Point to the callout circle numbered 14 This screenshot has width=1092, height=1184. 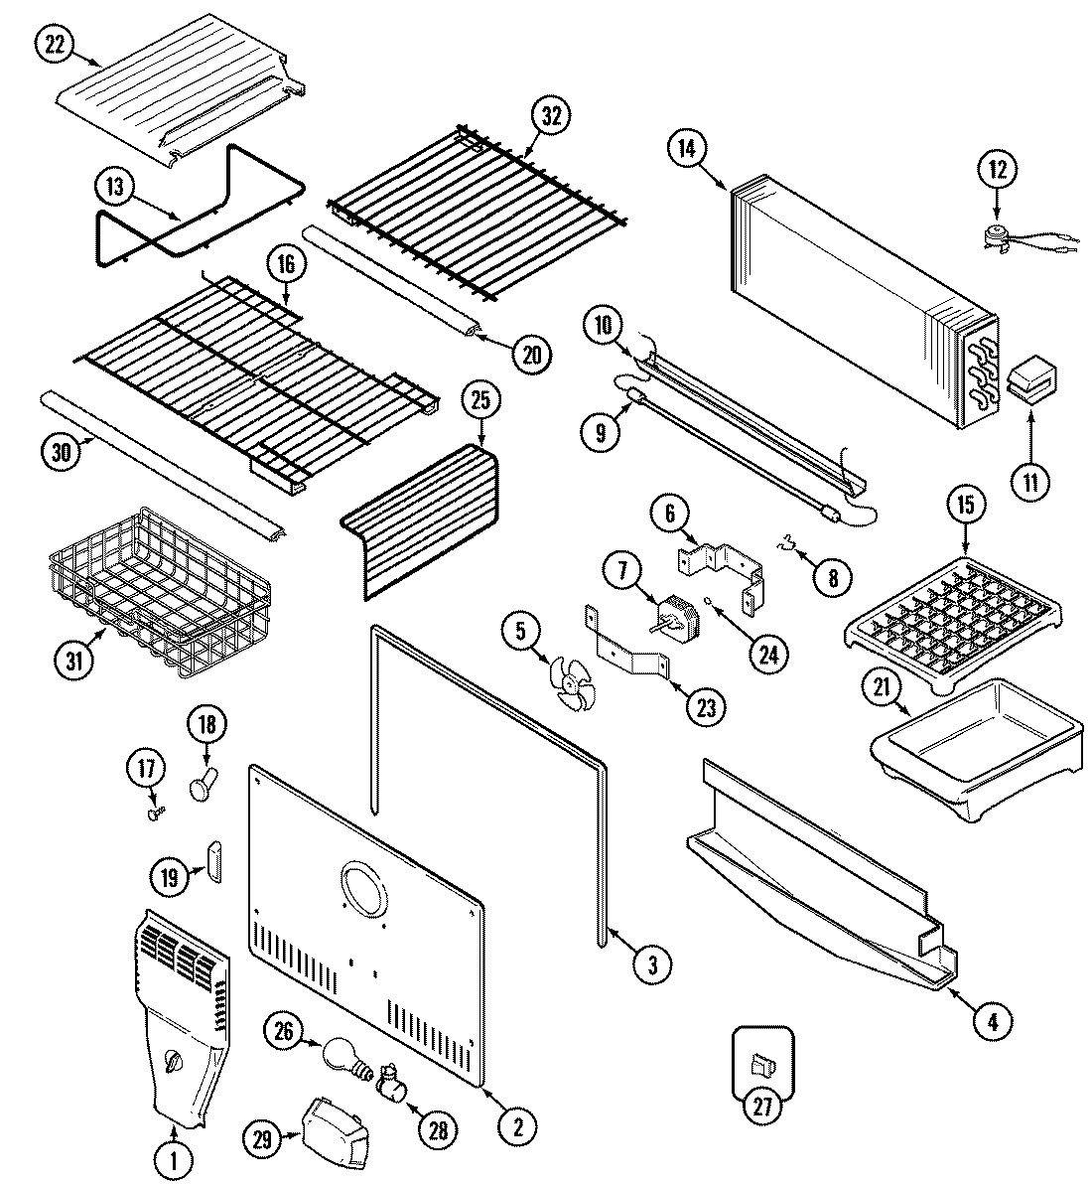coord(686,150)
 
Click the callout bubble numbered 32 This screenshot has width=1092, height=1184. coord(551,115)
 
